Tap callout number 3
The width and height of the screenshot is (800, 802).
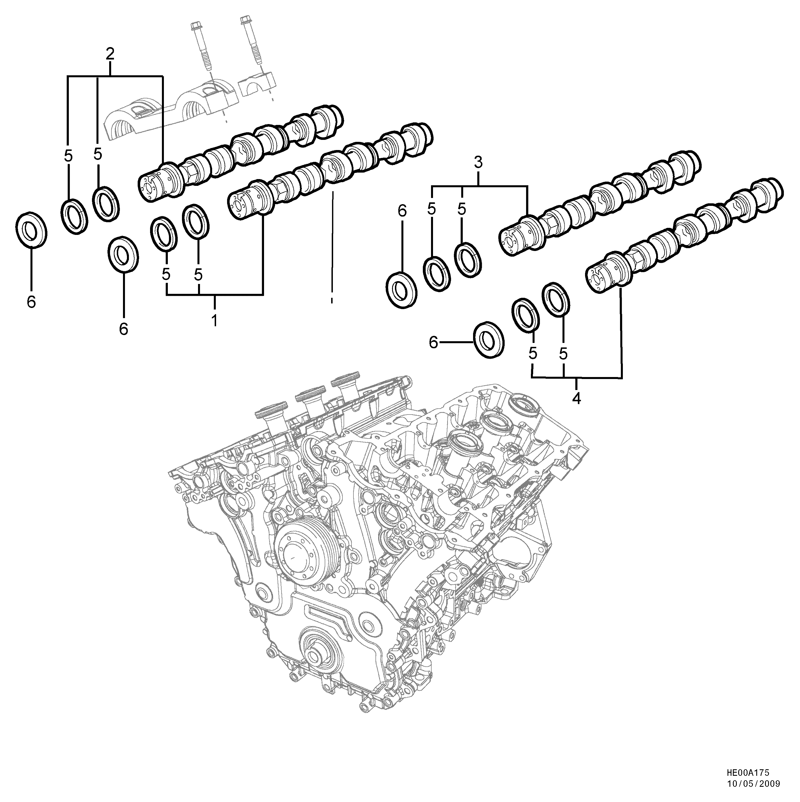(x=478, y=163)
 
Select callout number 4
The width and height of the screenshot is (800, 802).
(x=576, y=398)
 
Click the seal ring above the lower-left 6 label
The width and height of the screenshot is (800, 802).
(x=123, y=254)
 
